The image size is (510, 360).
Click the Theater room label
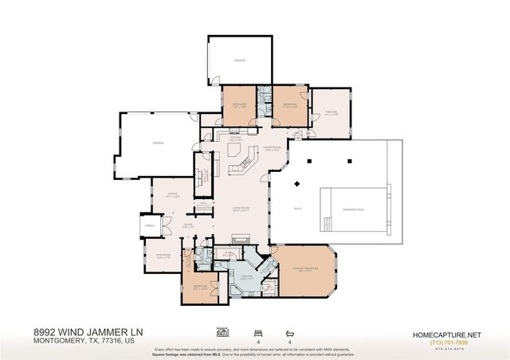pyautogui.click(x=331, y=112)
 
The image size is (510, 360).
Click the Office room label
pyautogui.click(x=171, y=194)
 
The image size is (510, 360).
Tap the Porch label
pyautogui.click(x=149, y=226)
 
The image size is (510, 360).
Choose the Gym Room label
pyautogui.click(x=163, y=256)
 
